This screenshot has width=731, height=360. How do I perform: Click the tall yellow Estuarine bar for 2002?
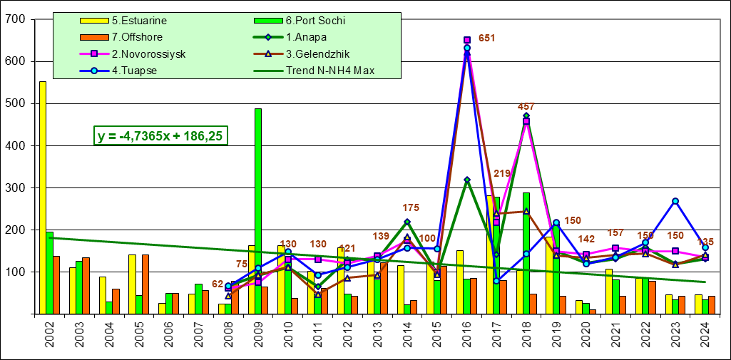coord(43,197)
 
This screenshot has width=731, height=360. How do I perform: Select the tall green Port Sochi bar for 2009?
coord(258,211)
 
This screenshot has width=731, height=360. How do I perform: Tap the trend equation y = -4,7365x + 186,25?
coord(162,135)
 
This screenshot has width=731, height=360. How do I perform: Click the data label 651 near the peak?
coord(486,38)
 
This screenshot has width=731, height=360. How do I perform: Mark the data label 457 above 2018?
coord(526,107)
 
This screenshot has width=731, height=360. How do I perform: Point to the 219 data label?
coord(502,173)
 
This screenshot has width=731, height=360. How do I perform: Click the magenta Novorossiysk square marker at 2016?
coord(467,41)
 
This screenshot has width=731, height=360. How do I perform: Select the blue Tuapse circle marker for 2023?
coord(675,201)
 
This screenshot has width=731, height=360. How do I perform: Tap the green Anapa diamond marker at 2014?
coord(407,222)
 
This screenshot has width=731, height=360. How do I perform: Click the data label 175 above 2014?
coord(411,207)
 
